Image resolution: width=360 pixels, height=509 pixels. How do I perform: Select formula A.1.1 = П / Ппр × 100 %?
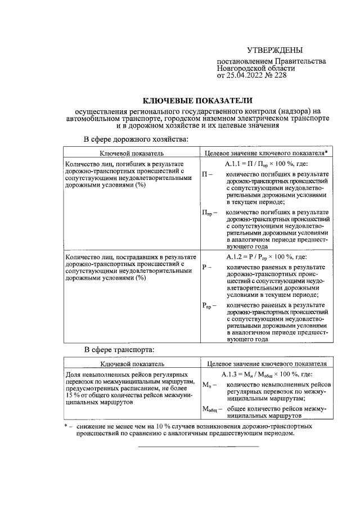pos(266,164)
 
